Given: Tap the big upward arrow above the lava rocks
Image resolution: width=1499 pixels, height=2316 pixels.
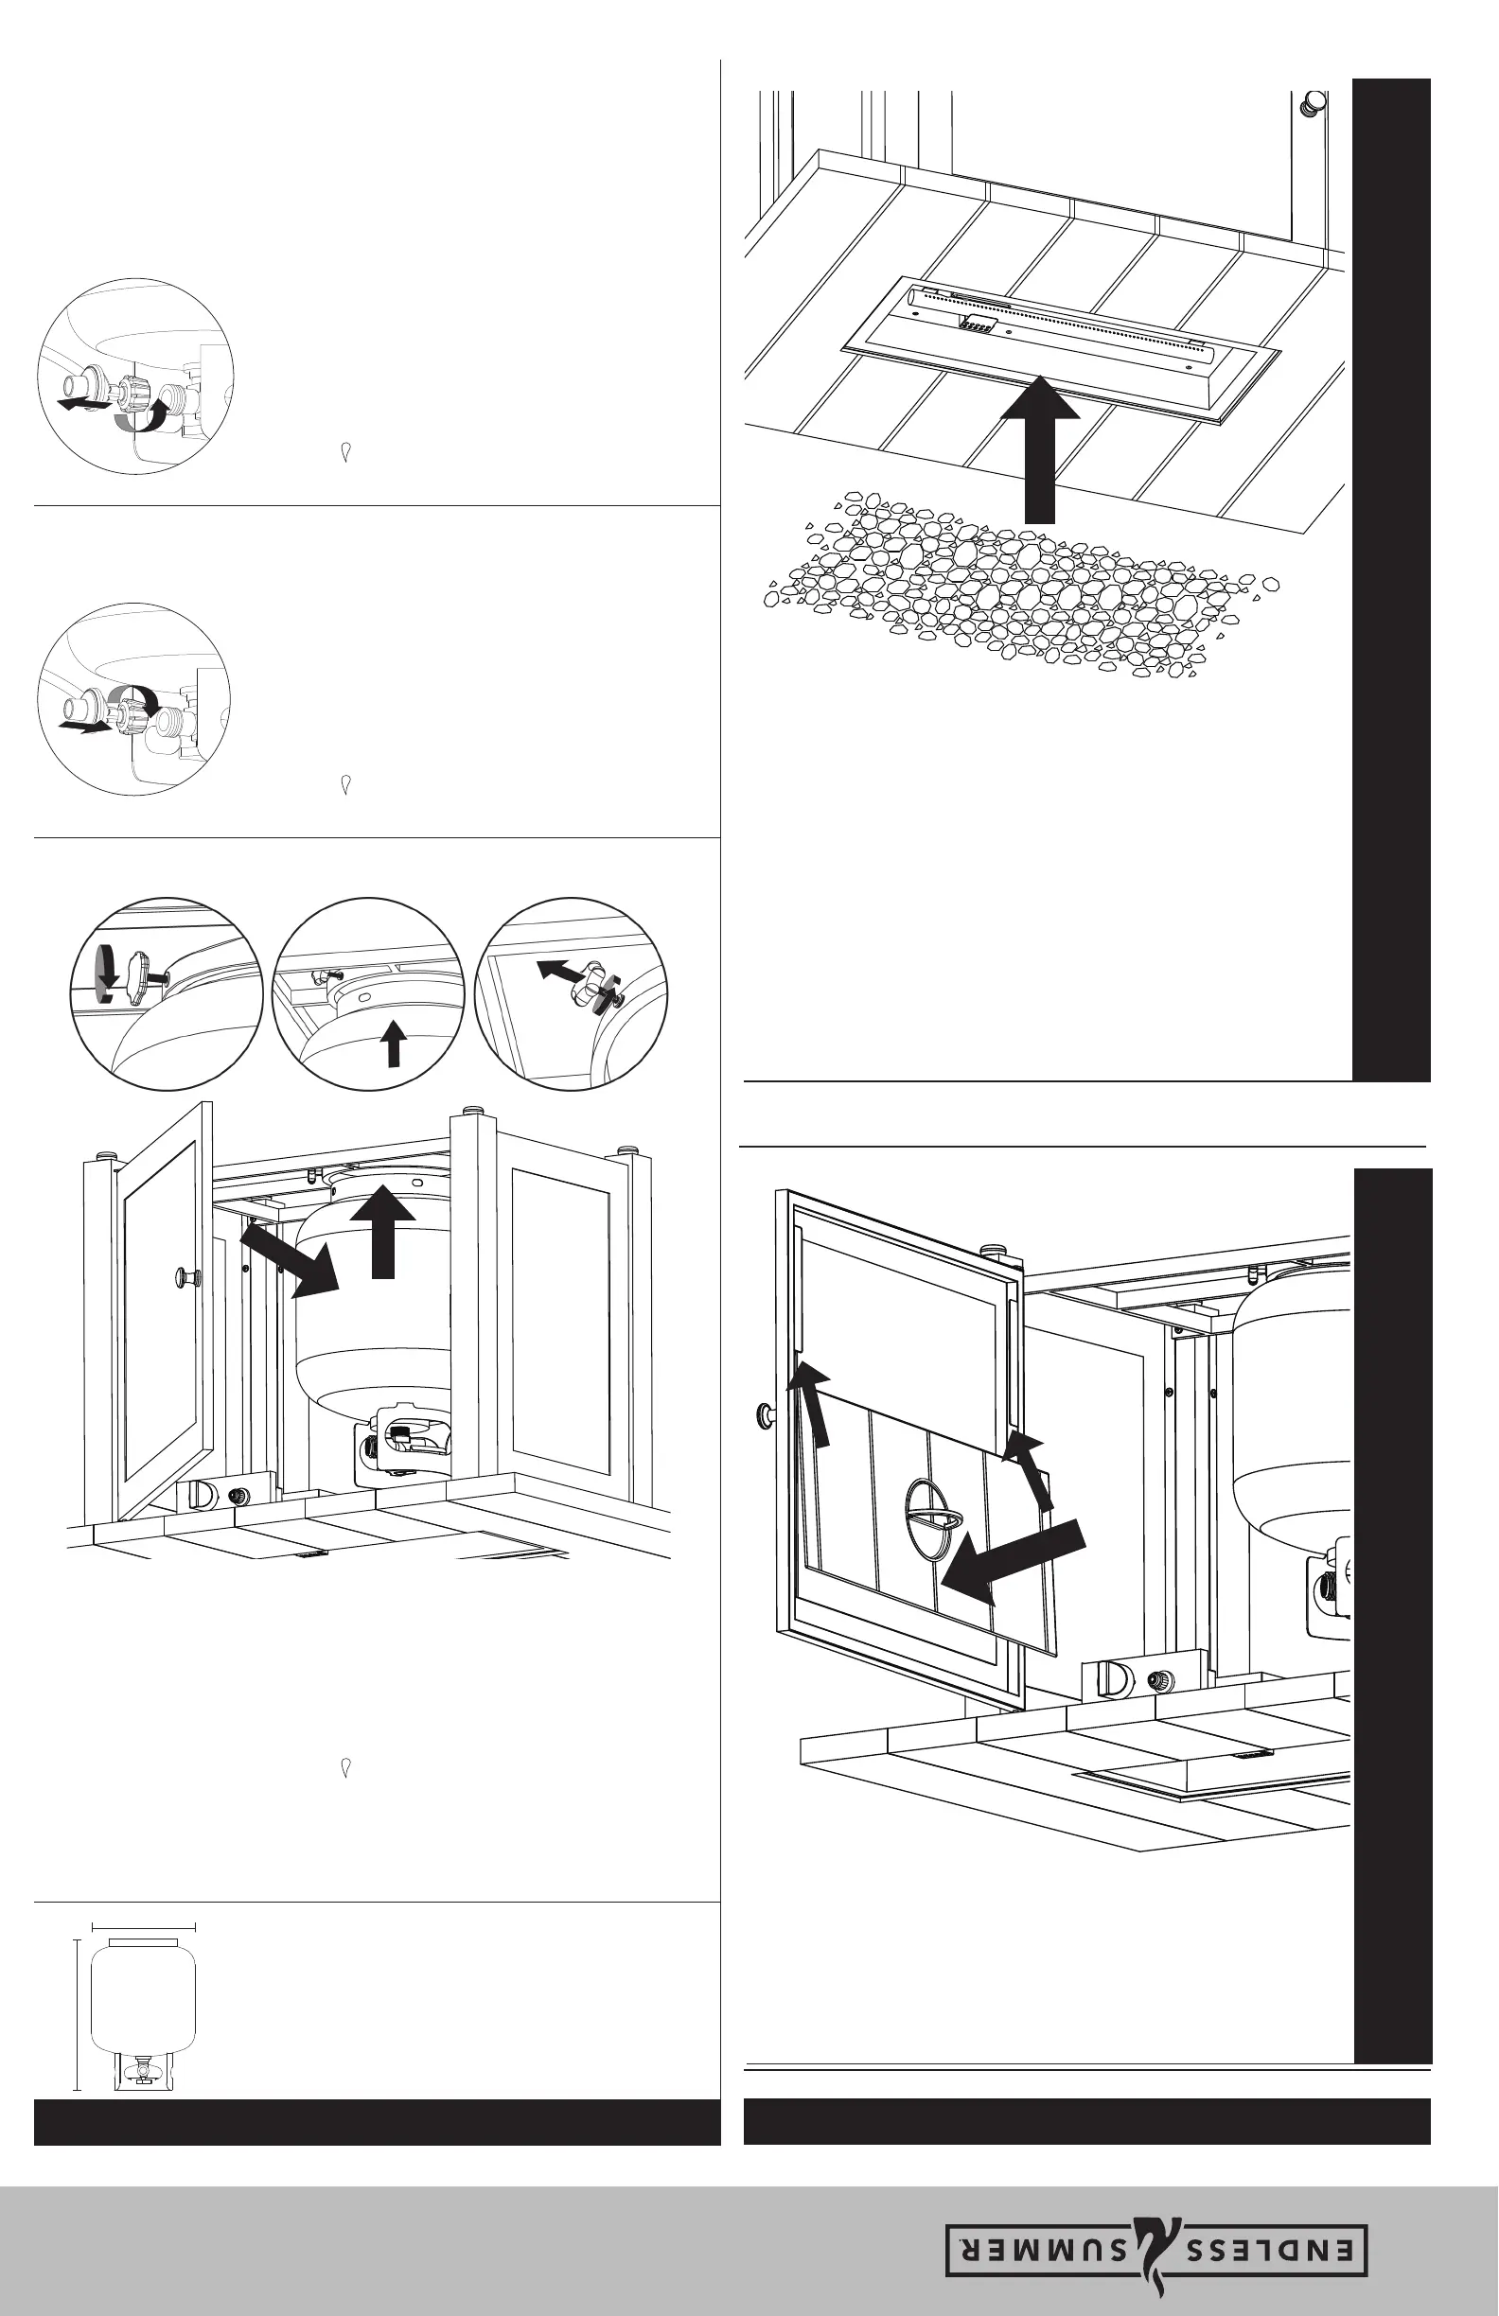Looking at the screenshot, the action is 1040,447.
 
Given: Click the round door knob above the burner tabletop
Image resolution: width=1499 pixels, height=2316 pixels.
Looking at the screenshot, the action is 1315,102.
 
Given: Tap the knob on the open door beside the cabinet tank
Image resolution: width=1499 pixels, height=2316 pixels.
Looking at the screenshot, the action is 185,1275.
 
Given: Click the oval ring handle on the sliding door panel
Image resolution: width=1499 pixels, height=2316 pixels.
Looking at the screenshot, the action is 932,1523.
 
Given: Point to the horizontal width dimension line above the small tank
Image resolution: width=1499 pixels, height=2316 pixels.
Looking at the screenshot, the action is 143,1926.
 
